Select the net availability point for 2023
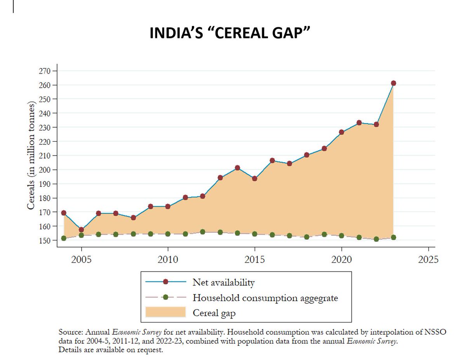click(x=393, y=83)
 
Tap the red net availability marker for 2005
click(x=81, y=230)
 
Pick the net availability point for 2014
click(x=237, y=168)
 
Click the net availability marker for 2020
click(x=341, y=132)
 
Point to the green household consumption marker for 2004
click(x=64, y=238)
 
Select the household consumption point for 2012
click(x=202, y=232)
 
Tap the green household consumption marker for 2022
click(x=376, y=239)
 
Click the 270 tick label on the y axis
click(x=45, y=71)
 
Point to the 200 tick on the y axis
click(x=45, y=170)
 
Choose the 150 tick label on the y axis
click(x=45, y=241)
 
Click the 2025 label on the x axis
click(x=428, y=259)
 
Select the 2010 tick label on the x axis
click(x=168, y=259)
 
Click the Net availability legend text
click(x=223, y=282)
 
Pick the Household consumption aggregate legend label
click(x=265, y=298)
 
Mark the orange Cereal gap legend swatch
click(x=165, y=313)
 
